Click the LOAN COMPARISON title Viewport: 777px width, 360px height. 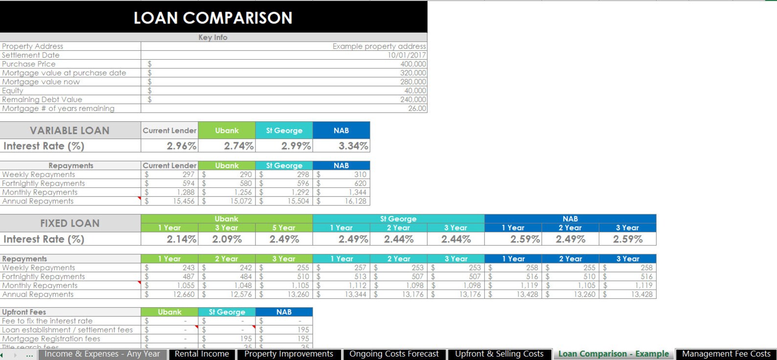point(213,18)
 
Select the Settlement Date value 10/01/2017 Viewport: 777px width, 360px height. point(407,55)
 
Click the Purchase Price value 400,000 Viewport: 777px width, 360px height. point(413,64)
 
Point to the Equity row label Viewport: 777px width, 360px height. point(13,90)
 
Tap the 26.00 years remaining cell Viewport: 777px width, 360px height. point(417,109)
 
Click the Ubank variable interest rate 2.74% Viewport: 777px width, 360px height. point(238,146)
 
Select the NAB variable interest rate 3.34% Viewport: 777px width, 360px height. point(353,146)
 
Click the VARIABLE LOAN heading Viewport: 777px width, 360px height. point(69,131)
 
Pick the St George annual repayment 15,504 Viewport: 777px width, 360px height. point(298,201)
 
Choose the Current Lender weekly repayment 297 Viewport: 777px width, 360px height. point(188,175)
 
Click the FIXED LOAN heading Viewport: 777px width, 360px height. point(69,223)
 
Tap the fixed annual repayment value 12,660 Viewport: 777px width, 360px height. point(183,294)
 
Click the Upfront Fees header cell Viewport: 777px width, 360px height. point(24,312)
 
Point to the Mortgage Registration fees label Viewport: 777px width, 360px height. point(51,338)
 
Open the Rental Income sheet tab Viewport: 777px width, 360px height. point(202,354)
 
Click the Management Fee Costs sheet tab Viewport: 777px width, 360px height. point(726,354)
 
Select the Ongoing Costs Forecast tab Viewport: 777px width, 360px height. point(394,354)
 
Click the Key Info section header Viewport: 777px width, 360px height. point(213,37)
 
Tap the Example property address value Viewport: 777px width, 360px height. point(379,46)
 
